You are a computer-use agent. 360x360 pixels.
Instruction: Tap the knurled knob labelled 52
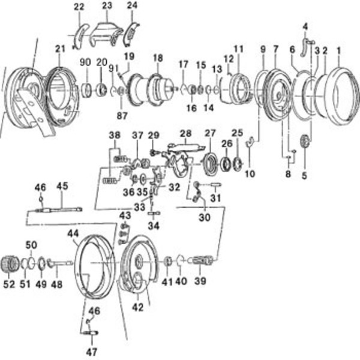(12, 263)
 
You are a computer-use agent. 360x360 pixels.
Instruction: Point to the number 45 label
(62, 187)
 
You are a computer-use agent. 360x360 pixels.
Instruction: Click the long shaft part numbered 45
(60, 209)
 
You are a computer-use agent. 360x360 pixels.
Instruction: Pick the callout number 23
(107, 6)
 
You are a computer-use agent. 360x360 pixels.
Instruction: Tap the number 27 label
(209, 133)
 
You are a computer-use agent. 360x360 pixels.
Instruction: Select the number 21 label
(59, 48)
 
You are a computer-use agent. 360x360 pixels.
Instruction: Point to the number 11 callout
(238, 48)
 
